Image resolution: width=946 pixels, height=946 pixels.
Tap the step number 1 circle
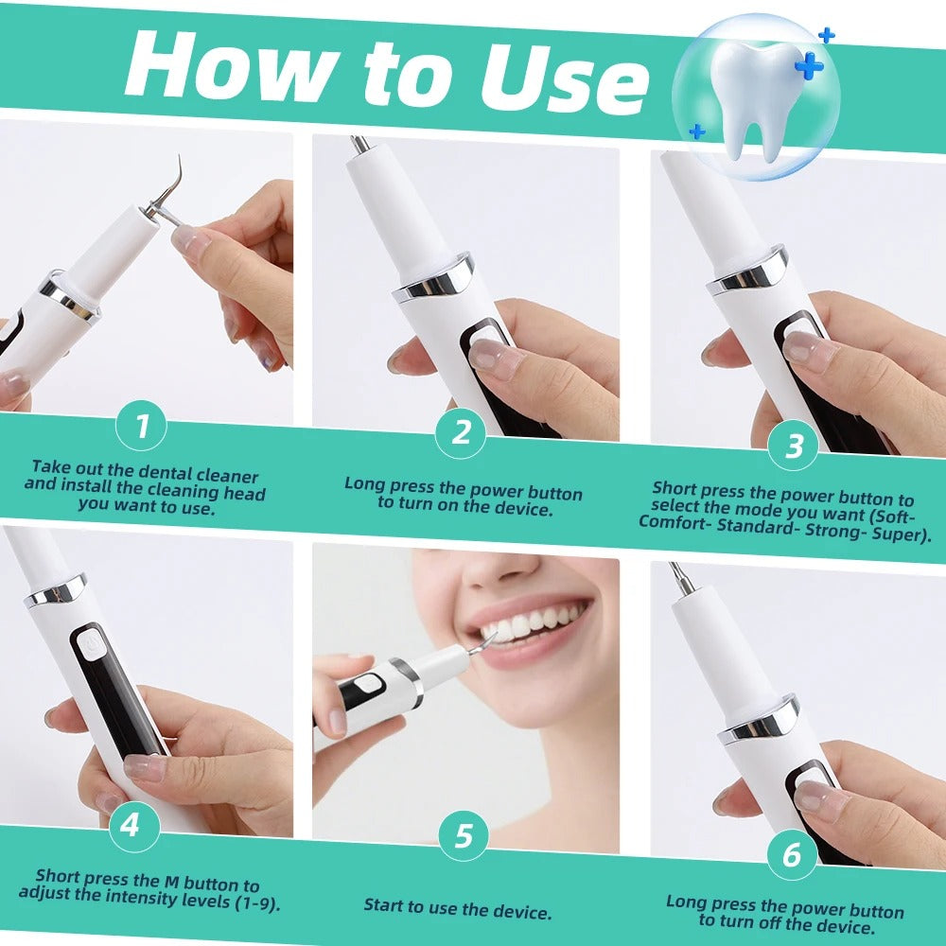(142, 427)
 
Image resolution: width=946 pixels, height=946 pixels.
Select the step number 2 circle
(461, 432)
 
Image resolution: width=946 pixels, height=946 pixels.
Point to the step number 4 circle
(130, 824)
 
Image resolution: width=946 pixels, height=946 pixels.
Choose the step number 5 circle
(464, 836)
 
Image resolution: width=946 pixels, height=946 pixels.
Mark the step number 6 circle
(791, 854)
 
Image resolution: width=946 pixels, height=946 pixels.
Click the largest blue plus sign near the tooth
(810, 65)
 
